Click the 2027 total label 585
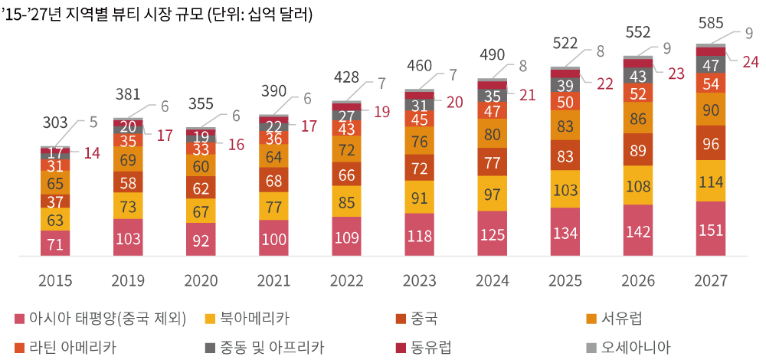pos(711,25)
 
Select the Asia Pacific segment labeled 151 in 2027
pos(711,231)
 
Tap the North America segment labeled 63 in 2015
pos(55,221)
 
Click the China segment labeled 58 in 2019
pos(128,182)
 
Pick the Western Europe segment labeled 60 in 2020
pos(201,167)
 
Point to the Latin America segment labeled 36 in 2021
pos(273,139)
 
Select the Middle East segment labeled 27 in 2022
pos(346,116)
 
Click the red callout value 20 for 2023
pos(455,103)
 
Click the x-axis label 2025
pos(565,281)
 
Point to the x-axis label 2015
pos(55,281)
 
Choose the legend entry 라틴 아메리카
pos(72,347)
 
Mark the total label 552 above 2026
pos(638,32)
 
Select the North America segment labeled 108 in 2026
pos(638,186)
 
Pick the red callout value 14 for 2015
pos(92,153)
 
